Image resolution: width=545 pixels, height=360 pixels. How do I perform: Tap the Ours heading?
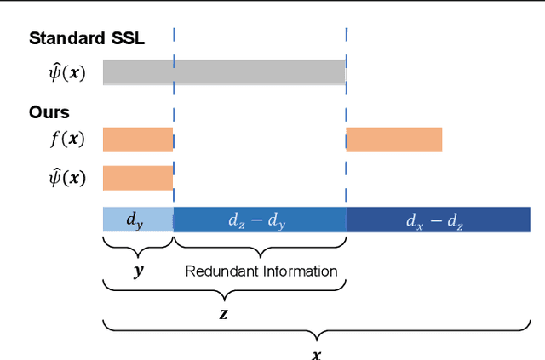(x=49, y=112)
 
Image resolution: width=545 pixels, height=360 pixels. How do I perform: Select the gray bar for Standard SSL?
(x=224, y=72)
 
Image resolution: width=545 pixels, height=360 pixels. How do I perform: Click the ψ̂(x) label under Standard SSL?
(x=66, y=72)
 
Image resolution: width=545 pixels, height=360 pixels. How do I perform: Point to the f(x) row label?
(x=66, y=140)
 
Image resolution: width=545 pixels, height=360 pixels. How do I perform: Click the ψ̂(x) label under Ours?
(x=66, y=178)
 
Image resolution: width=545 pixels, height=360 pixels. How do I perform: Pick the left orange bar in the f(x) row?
(x=138, y=140)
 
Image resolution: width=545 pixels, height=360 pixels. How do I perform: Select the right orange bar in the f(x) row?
(x=394, y=140)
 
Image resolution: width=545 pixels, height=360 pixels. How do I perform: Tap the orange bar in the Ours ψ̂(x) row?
(x=138, y=178)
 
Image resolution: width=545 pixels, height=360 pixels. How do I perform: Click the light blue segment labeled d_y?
(x=138, y=220)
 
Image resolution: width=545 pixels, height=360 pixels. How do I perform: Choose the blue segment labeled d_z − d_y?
(x=260, y=220)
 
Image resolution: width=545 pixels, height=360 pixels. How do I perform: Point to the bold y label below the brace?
(x=137, y=271)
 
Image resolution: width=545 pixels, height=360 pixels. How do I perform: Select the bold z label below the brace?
(x=224, y=313)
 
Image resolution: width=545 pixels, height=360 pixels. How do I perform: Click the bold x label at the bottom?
(x=316, y=352)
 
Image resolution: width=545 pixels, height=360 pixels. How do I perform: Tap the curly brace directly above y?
(x=137, y=249)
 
